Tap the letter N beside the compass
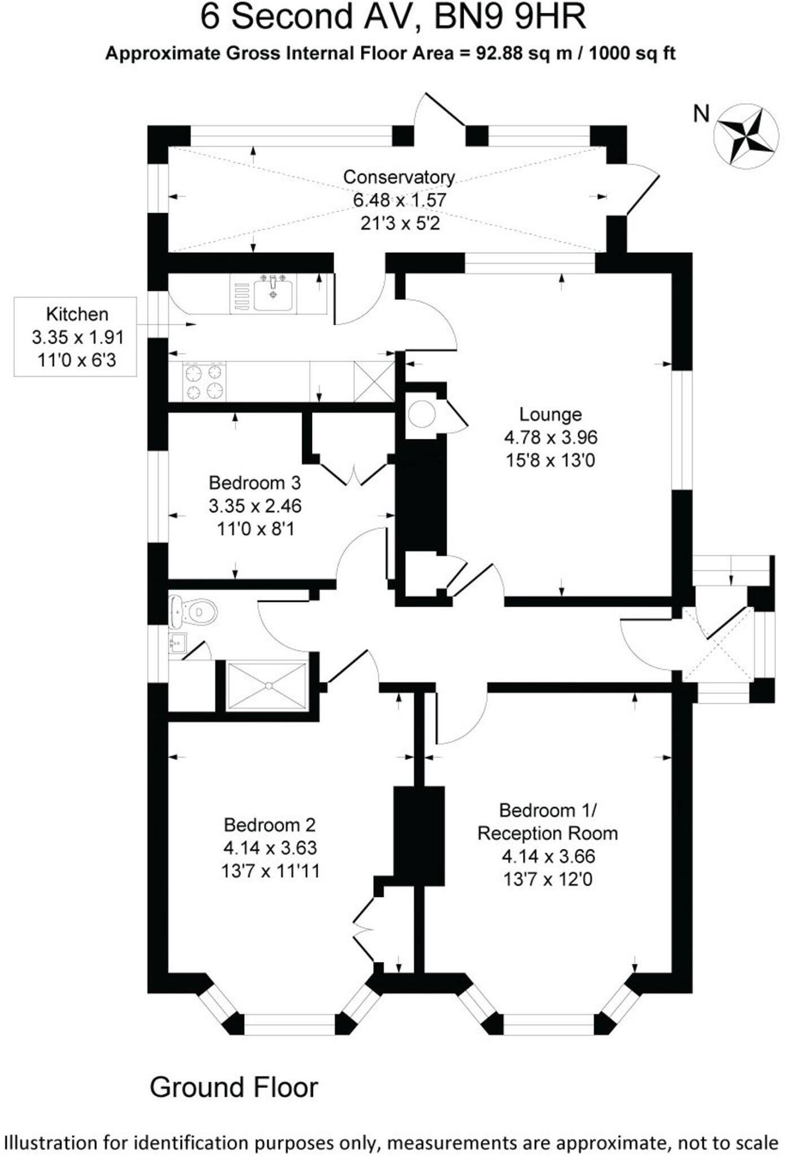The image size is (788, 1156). (701, 114)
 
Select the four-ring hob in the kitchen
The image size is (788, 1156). (204, 382)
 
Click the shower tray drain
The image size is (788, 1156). (268, 686)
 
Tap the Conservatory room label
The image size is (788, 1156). (398, 177)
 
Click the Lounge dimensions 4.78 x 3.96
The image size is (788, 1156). (550, 437)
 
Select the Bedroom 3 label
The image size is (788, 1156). (254, 483)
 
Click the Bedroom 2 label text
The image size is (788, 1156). (269, 825)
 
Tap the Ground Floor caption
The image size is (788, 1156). (234, 1087)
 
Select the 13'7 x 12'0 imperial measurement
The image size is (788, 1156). (548, 879)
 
